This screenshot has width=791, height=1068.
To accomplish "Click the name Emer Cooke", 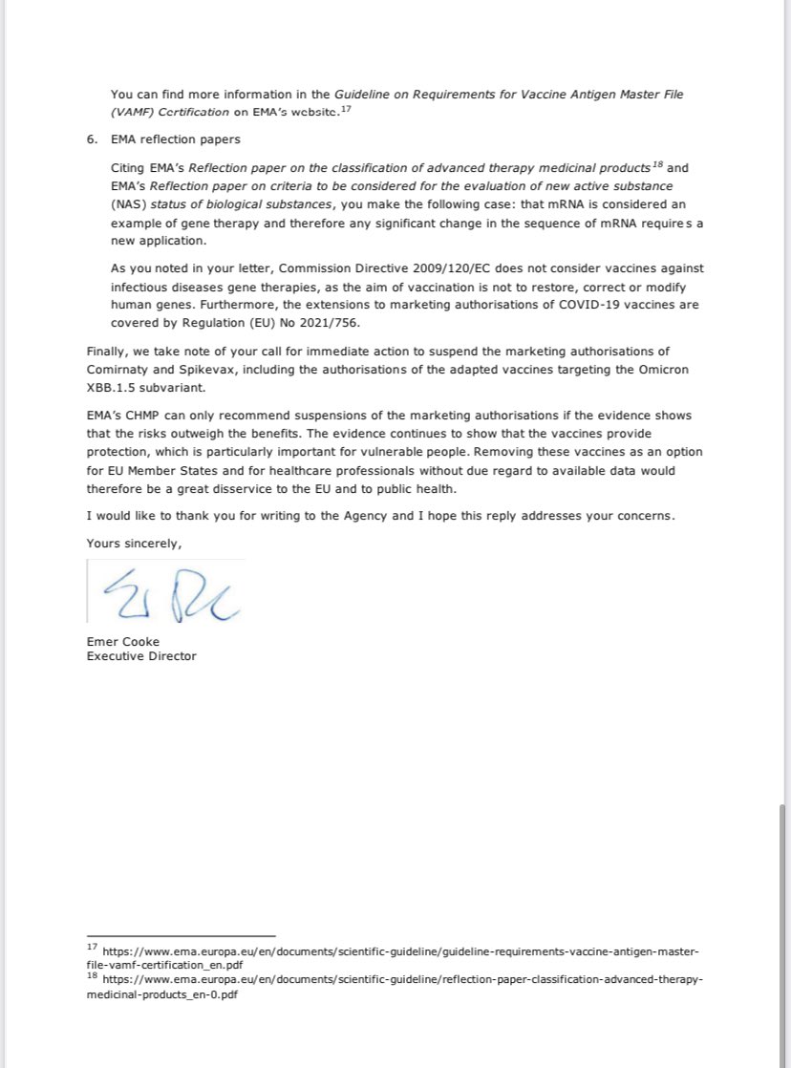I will [123, 641].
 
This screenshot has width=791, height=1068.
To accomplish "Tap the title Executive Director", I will [141, 656].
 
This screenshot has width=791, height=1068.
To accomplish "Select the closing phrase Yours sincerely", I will [134, 543].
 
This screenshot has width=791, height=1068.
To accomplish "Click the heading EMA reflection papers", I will [176, 139].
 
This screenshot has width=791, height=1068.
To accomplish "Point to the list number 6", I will [91, 139].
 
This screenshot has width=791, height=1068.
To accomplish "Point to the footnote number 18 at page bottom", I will [92, 977].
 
